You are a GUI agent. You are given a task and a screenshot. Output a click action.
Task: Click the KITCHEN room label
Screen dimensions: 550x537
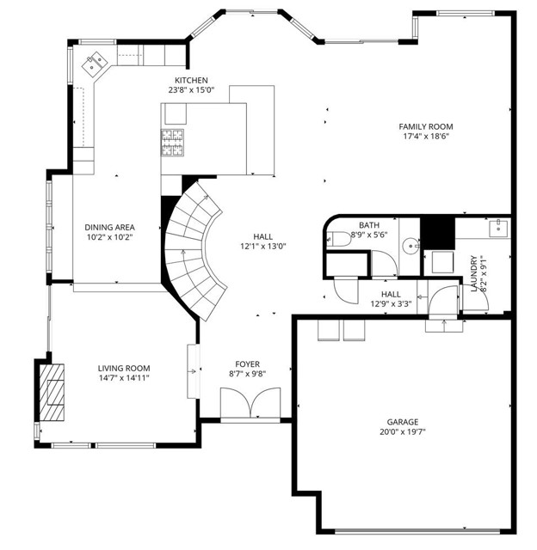click(190, 80)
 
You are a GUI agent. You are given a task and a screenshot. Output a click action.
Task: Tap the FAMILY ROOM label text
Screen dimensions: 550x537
click(425, 125)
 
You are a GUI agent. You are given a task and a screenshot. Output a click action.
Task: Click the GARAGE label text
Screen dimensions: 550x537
click(402, 422)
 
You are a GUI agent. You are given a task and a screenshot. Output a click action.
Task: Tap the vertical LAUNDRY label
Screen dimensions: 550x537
click(474, 272)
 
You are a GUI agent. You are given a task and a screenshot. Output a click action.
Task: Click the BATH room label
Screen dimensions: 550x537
click(369, 223)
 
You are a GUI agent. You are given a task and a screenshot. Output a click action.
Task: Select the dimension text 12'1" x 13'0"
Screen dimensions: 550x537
click(263, 246)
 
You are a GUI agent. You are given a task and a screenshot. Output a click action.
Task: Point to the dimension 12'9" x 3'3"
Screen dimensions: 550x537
click(391, 303)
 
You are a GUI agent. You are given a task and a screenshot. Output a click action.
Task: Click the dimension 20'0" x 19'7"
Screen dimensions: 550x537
click(402, 432)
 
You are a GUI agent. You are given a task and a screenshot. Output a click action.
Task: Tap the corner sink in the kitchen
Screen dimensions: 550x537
click(93, 62)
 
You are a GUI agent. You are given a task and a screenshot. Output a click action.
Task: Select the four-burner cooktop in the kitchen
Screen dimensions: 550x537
click(173, 143)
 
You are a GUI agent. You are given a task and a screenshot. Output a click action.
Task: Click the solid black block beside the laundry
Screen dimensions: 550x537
click(437, 230)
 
